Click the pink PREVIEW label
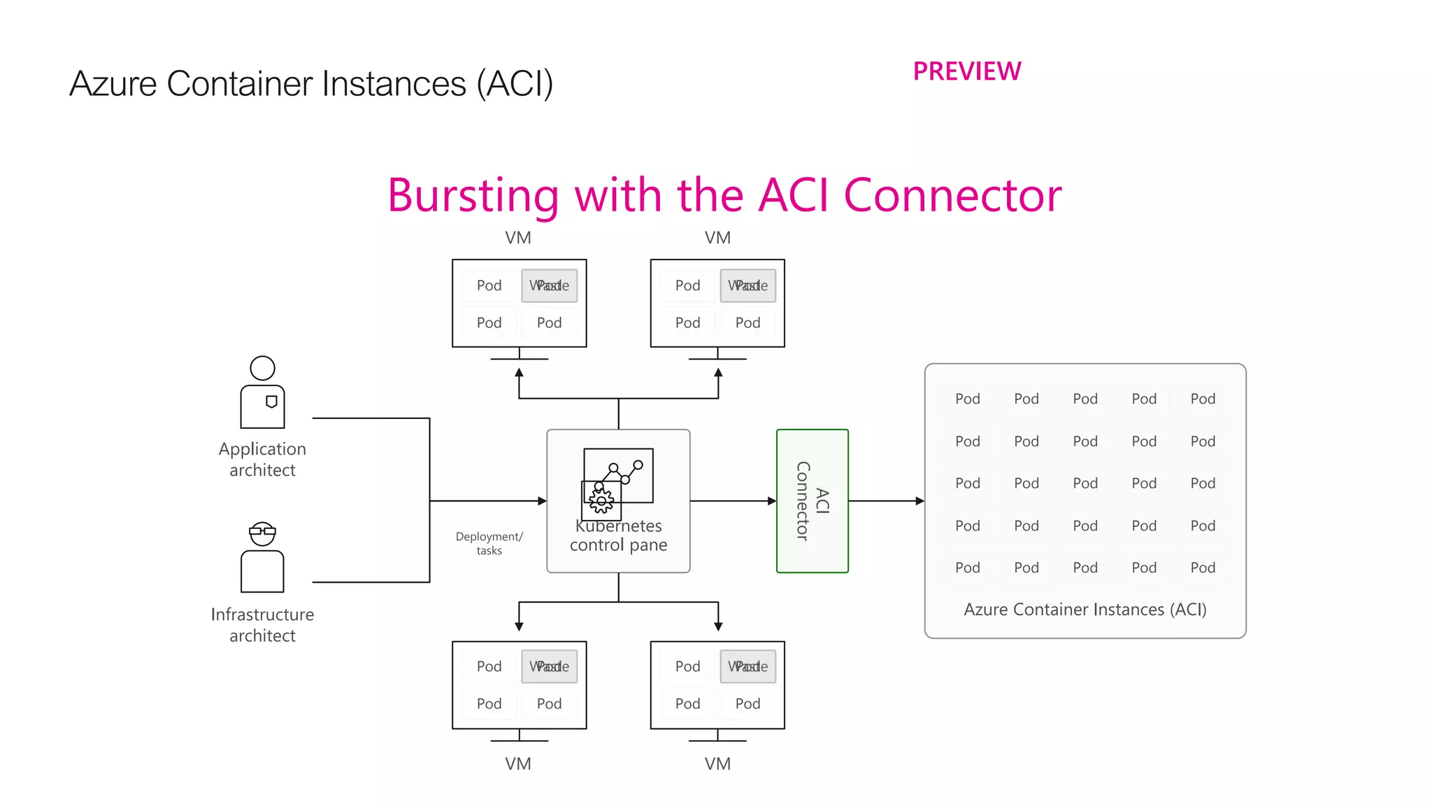pyautogui.click(x=967, y=71)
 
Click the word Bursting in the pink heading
pyautogui.click(x=473, y=196)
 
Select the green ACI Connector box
pyautogui.click(x=812, y=501)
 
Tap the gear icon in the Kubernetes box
pyautogui.click(x=601, y=500)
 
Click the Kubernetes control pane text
pyautogui.click(x=618, y=536)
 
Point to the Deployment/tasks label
pyautogui.click(x=489, y=544)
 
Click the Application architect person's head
pyautogui.click(x=262, y=368)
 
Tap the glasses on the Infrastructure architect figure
pyautogui.click(x=262, y=531)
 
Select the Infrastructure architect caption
pyautogui.click(x=262, y=625)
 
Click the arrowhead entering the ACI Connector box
pyautogui.click(x=772, y=501)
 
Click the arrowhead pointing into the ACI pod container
pyautogui.click(x=919, y=501)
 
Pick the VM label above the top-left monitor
pyautogui.click(x=518, y=238)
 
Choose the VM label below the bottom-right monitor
pyautogui.click(x=717, y=764)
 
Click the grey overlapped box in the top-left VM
pyautogui.click(x=550, y=285)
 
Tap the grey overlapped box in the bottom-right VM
pyautogui.click(x=748, y=667)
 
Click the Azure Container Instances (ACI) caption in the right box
pyautogui.click(x=1085, y=609)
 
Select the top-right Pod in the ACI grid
pyautogui.click(x=1203, y=399)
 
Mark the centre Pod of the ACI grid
pyautogui.click(x=1085, y=483)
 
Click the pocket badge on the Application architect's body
pyautogui.click(x=271, y=402)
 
